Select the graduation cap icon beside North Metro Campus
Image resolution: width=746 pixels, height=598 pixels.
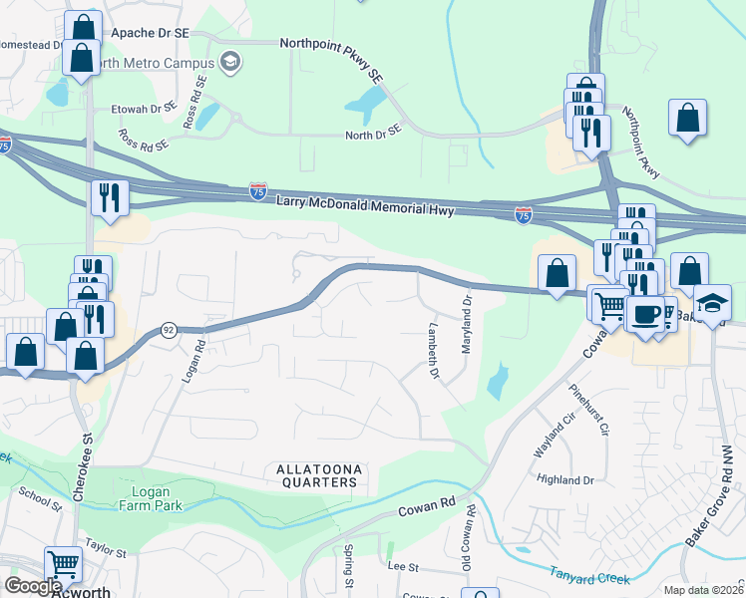231,63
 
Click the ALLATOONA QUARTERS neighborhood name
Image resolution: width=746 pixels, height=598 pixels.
315,475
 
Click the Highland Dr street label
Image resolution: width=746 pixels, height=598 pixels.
565,479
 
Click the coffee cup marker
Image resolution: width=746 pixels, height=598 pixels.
647,313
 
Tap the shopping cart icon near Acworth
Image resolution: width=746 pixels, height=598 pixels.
63,564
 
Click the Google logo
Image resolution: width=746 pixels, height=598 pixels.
32,586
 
